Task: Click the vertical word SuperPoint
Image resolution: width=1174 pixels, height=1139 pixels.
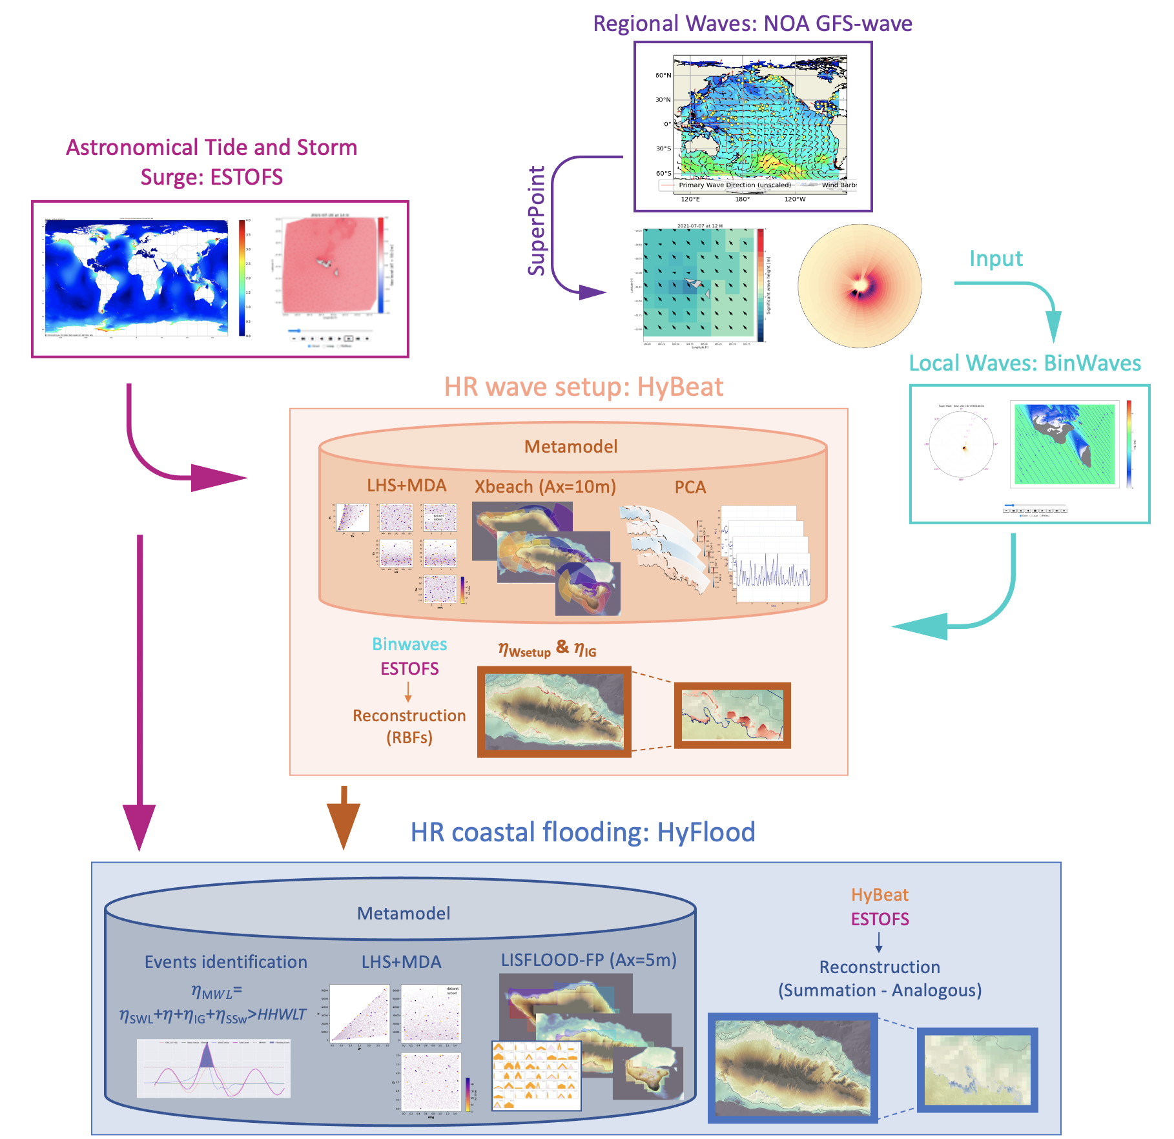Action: [537, 221]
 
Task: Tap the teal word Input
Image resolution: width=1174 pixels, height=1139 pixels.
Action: [996, 258]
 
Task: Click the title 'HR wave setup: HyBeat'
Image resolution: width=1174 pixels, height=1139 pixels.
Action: [583, 387]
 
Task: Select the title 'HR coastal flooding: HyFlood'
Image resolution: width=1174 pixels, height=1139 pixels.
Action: [582, 832]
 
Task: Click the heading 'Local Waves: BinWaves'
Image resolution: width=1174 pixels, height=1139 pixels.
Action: [1025, 363]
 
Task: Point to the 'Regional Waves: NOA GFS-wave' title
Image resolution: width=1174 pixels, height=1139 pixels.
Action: [752, 23]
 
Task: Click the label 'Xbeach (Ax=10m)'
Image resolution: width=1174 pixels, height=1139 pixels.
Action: [545, 486]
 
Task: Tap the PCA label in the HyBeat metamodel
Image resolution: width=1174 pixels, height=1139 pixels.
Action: [690, 487]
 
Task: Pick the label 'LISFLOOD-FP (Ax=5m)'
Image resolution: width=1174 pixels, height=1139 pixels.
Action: [588, 960]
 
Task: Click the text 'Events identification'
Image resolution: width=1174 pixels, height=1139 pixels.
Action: [225, 962]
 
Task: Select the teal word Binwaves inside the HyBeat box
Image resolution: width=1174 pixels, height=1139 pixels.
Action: [409, 644]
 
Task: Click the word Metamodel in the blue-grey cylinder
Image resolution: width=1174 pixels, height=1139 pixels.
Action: [404, 913]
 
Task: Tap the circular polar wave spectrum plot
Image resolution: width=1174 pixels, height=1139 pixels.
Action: [860, 285]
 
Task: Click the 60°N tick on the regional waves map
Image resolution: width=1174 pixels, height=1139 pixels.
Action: [663, 76]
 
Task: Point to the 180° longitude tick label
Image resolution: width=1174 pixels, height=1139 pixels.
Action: [743, 200]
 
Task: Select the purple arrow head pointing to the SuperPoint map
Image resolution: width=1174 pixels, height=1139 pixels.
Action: [593, 292]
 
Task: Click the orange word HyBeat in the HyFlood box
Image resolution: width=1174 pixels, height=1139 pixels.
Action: [880, 895]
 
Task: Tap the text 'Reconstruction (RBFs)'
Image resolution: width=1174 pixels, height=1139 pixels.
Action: [409, 726]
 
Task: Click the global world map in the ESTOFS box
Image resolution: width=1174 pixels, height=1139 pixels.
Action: [136, 278]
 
